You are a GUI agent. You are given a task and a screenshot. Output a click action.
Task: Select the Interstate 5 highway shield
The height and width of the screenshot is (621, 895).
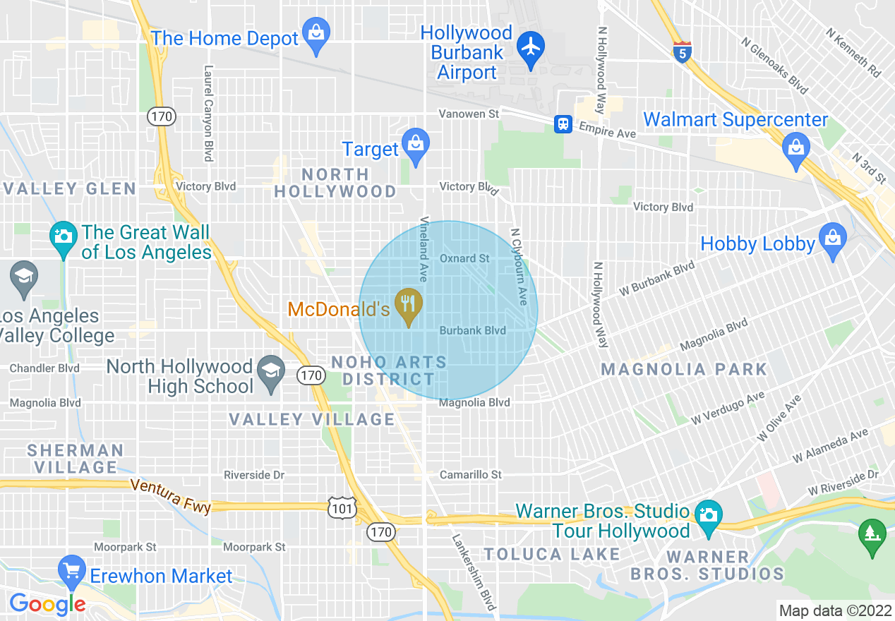[681, 53]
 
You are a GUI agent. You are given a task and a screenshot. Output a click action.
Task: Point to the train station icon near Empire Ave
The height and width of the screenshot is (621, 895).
[563, 124]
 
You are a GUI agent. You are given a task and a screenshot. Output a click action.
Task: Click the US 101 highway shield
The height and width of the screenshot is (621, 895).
[342, 507]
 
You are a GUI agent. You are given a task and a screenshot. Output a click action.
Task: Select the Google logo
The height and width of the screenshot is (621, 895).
[47, 603]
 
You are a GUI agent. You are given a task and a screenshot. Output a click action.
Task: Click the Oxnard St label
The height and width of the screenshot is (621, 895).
[464, 258]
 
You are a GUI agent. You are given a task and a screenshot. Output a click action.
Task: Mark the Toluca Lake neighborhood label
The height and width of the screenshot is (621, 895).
[551, 554]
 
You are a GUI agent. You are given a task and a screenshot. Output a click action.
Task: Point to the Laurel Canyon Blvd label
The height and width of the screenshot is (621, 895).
[208, 114]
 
